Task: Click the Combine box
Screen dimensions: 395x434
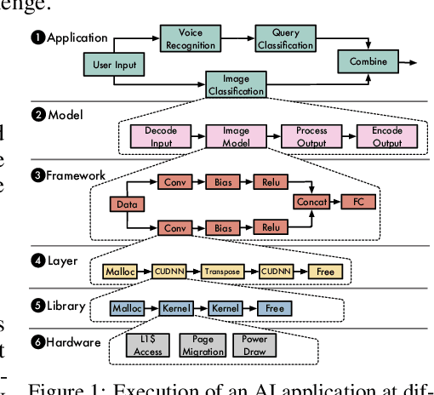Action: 368,61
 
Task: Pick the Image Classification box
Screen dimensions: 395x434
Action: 235,85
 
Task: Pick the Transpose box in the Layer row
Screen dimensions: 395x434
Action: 222,272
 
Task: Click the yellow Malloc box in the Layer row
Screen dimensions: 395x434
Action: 118,272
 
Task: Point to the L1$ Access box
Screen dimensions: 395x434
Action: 150,345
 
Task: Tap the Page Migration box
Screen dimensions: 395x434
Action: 203,345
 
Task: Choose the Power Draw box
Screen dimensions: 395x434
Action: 254,345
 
